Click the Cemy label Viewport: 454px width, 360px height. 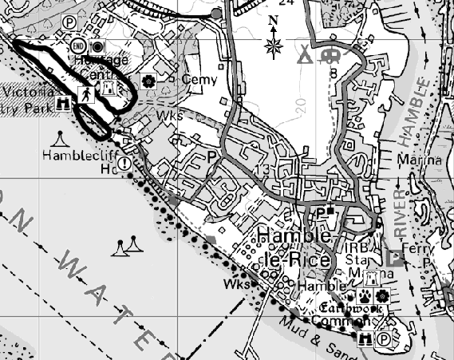click(x=199, y=80)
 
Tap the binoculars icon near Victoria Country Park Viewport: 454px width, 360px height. click(x=65, y=102)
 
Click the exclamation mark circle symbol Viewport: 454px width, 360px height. click(x=125, y=164)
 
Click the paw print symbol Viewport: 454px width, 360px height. click(x=366, y=295)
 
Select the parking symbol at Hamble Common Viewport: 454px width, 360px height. click(x=384, y=339)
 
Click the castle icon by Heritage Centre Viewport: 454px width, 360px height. click(x=109, y=89)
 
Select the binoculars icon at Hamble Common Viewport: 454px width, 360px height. click(x=366, y=339)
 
